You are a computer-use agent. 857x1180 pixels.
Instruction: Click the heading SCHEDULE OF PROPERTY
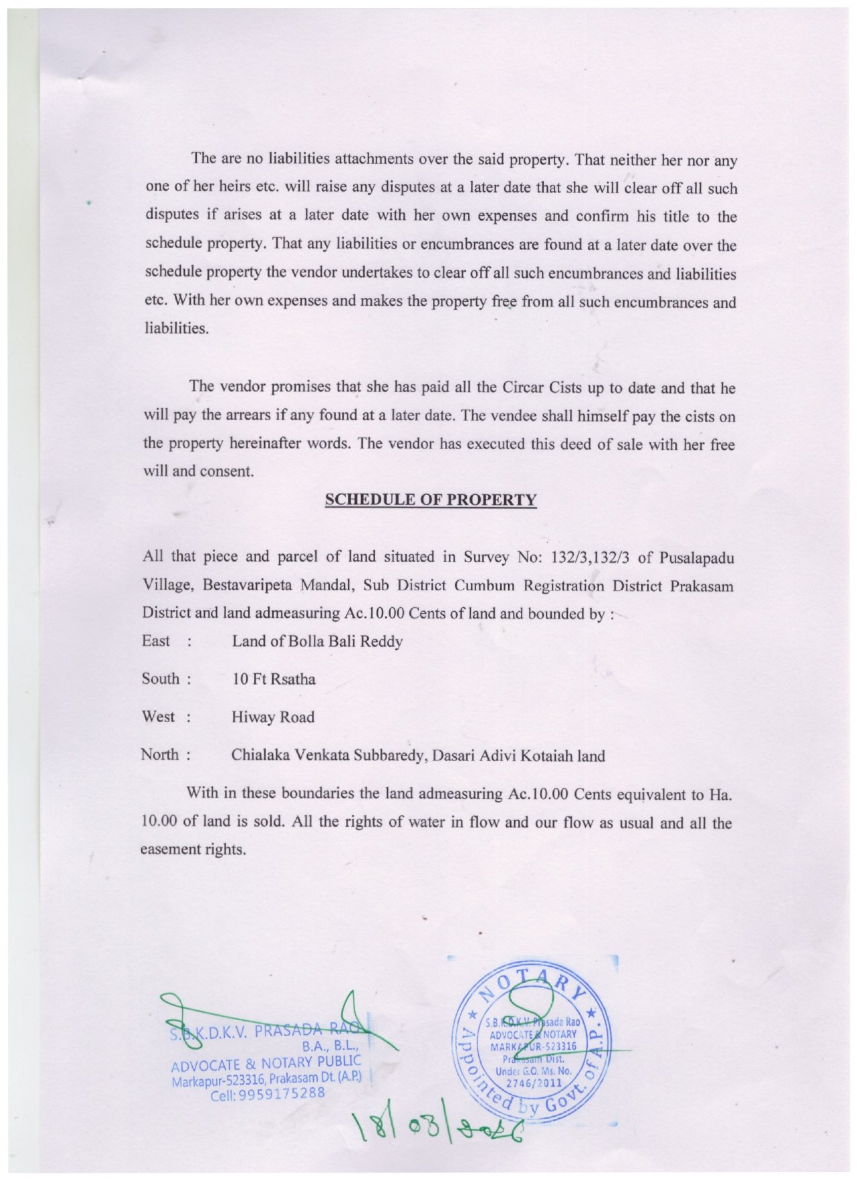click(x=430, y=500)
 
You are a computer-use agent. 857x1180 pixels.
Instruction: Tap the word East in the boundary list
click(x=156, y=641)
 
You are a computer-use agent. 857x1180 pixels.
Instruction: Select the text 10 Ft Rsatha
click(x=274, y=679)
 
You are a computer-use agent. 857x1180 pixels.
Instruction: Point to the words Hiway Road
click(x=273, y=717)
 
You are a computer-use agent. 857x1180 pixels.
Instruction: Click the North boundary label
click(x=160, y=754)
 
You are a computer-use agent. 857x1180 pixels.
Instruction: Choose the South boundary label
click(x=161, y=679)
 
